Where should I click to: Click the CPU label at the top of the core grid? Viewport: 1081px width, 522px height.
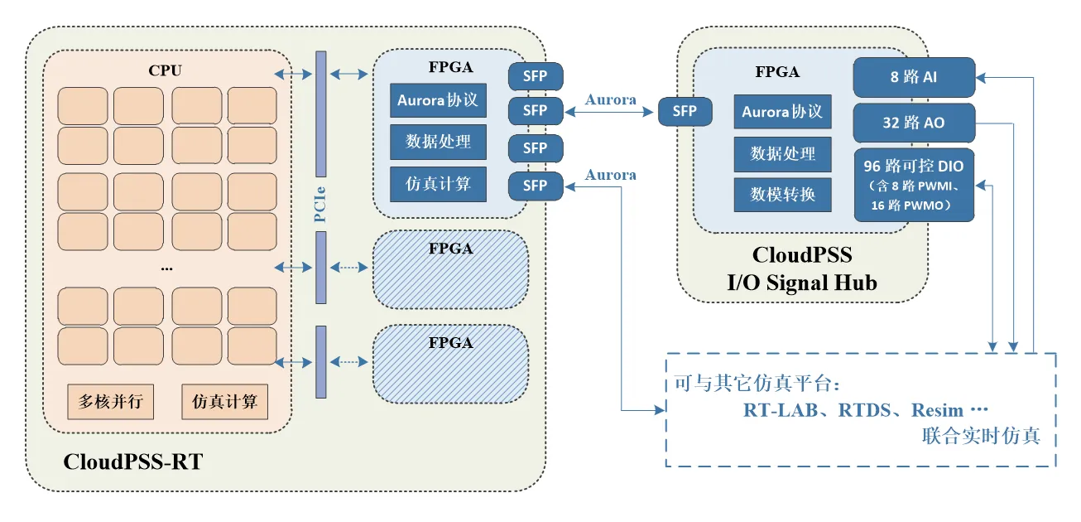click(165, 70)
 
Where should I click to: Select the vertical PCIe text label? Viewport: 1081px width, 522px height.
click(319, 200)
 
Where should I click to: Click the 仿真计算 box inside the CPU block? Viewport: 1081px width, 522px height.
click(224, 402)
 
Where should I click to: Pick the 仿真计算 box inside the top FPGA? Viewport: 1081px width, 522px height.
click(438, 182)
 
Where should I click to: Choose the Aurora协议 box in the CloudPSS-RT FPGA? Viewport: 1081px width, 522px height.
click(438, 100)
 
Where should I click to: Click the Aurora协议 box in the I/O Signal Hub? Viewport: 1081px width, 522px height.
click(782, 112)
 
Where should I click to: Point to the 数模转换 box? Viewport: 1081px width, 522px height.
click(782, 194)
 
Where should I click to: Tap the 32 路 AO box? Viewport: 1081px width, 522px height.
click(914, 123)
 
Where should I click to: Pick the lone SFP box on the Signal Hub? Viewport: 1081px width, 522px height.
click(685, 111)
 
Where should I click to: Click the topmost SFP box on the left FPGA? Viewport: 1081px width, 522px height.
click(535, 75)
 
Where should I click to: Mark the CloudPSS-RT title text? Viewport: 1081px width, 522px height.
click(132, 462)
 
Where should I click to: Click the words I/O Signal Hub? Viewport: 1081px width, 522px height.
click(801, 283)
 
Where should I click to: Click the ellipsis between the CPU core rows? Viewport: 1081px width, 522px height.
click(166, 268)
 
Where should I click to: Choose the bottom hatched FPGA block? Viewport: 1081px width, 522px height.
click(450, 364)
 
